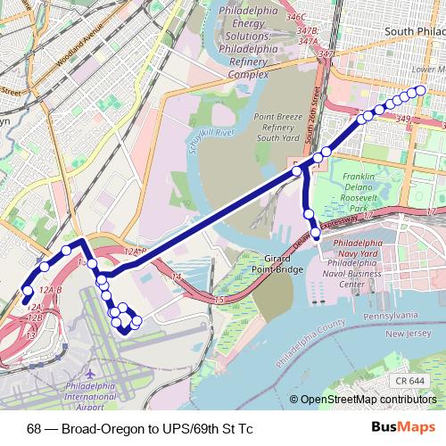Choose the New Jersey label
(413, 334)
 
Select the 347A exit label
(309, 41)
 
